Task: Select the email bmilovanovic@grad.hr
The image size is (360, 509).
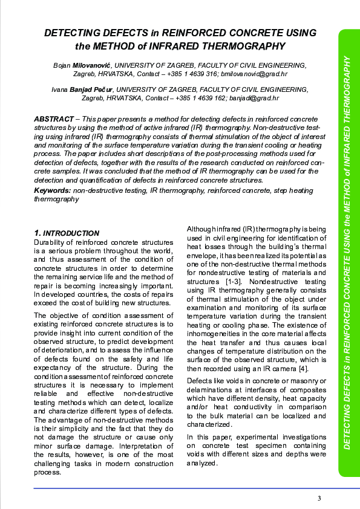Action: (x=252, y=74)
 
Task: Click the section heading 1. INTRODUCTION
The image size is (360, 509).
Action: (x=67, y=233)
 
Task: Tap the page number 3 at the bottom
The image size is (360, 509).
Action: (x=319, y=498)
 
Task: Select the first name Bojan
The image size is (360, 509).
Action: (x=62, y=65)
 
